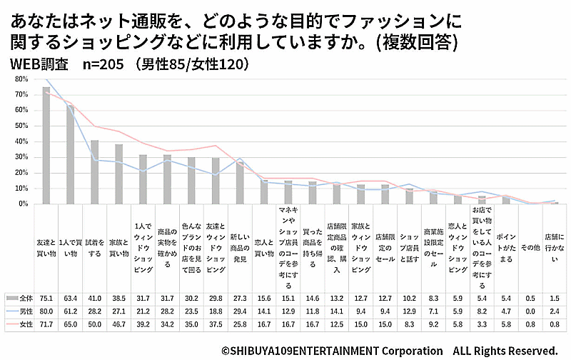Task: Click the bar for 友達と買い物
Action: point(46,146)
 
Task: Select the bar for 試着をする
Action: point(94,171)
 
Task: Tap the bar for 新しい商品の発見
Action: point(240,183)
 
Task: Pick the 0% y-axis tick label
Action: point(22,204)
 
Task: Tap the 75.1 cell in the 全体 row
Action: point(46,298)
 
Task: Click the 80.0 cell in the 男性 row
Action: point(46,311)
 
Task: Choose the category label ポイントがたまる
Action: point(505,246)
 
